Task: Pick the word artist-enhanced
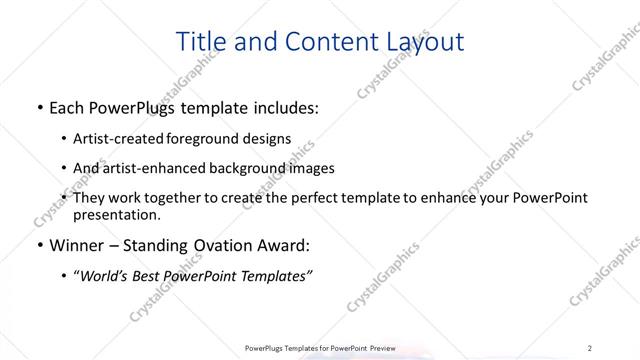coord(144,168)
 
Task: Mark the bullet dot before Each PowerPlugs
coord(38,107)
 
